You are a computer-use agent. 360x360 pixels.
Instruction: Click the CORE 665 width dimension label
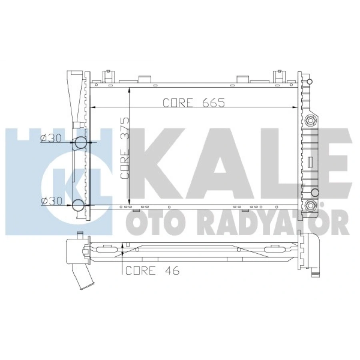click(194, 102)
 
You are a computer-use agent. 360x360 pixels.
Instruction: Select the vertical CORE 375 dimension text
click(126, 148)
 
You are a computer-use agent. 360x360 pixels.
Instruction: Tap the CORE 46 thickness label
click(152, 271)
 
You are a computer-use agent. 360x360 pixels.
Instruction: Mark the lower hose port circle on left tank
click(79, 206)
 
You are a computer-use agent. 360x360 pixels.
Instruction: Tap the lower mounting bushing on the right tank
click(310, 206)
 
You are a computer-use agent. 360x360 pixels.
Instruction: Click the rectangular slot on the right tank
click(310, 161)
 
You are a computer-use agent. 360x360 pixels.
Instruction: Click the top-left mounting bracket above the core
click(107, 76)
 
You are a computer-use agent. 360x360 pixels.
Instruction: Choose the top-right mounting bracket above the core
click(277, 76)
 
